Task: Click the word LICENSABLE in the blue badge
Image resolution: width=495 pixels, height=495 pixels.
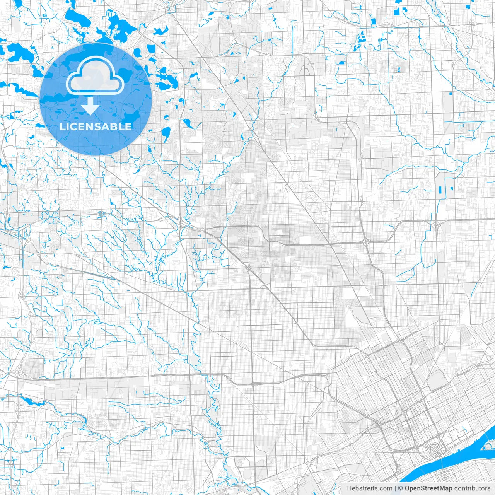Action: (96, 126)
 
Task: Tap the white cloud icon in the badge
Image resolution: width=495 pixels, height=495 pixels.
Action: (95, 77)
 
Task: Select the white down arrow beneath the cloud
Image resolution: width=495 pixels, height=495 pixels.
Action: (91, 106)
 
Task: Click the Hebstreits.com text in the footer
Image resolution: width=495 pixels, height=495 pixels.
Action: (369, 488)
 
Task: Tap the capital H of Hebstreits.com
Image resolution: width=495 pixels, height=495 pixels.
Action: (349, 488)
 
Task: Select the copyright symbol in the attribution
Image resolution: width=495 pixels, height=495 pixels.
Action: (401, 488)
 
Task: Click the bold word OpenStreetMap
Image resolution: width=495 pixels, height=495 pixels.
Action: (428, 488)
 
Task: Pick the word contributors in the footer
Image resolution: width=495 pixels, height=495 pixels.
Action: (472, 488)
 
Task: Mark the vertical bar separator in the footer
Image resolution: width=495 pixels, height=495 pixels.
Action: (395, 488)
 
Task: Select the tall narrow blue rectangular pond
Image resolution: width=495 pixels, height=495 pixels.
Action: (441, 190)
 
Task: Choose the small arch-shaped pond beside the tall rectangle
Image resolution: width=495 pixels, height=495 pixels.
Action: (451, 188)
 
